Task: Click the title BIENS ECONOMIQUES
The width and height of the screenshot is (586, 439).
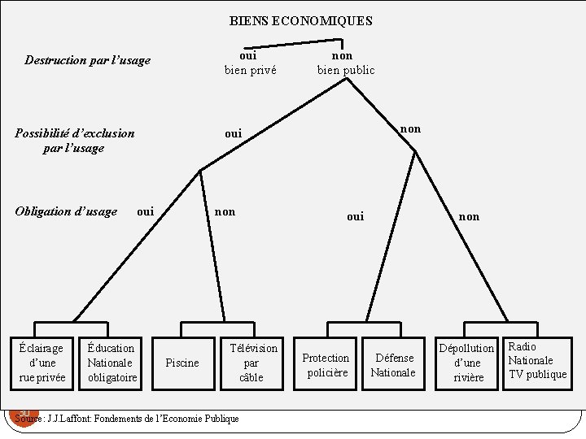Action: coord(300,21)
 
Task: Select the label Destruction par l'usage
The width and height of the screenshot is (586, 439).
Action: coord(88,60)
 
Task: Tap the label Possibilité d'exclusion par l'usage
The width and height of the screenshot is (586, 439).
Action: coord(74,140)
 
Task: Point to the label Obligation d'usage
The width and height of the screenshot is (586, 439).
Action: coord(66,212)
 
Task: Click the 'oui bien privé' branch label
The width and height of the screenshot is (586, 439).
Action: coord(250,63)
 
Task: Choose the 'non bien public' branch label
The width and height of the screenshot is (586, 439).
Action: coord(346,63)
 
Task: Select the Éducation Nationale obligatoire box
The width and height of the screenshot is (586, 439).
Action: coord(112,362)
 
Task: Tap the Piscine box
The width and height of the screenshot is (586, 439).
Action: coord(181,363)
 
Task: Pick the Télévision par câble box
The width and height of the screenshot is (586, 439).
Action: coord(251,362)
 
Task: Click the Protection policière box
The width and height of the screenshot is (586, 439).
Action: coord(326,365)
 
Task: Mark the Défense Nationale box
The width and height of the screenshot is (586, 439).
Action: coord(393,365)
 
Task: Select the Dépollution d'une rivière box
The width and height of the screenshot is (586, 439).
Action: coord(467,363)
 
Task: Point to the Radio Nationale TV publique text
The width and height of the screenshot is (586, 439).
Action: coord(536,360)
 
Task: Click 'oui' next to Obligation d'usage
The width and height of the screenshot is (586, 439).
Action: coord(145,212)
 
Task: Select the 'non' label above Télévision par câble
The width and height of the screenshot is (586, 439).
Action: coord(225,212)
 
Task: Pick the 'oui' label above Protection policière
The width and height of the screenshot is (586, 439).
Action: coord(355,216)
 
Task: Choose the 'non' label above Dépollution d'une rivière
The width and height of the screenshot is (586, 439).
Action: coord(469,216)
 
